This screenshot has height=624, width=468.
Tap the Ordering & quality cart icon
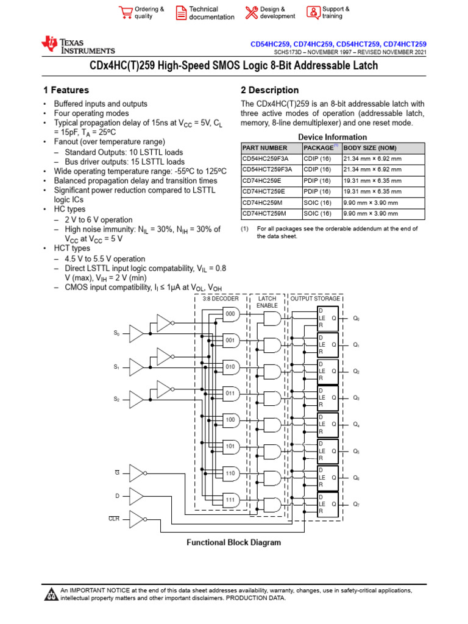tap(126, 13)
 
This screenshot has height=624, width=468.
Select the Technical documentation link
tap(211, 13)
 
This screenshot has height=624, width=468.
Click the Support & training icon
tap(313, 13)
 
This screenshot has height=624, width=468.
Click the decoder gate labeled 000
tap(231, 314)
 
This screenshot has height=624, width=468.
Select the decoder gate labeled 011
tap(231, 393)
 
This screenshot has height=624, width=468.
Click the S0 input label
tap(117, 333)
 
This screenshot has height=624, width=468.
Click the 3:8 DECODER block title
tap(221, 299)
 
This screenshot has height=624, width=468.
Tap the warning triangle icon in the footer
tap(51, 595)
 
